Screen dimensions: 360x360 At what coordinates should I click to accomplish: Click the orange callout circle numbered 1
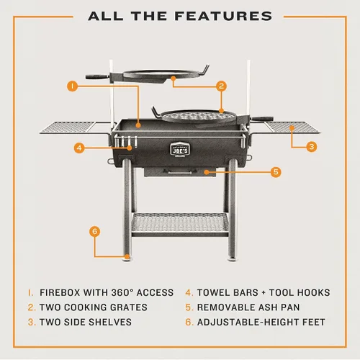pos(73,86)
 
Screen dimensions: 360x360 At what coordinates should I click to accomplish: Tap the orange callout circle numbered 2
pos(221,86)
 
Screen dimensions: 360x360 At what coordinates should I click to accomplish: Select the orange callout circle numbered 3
pos(312,146)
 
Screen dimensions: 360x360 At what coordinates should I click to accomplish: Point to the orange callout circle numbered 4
pos(79,148)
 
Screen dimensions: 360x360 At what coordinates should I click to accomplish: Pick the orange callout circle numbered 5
pos(276,172)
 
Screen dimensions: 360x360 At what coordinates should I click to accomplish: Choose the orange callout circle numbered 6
pos(95,231)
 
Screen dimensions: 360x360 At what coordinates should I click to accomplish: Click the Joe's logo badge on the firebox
pos(180,150)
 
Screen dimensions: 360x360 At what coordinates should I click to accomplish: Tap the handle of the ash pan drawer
pos(177,172)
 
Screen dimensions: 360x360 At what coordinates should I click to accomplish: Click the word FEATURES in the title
pos(223,16)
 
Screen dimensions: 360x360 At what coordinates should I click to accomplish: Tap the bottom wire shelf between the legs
pos(180,224)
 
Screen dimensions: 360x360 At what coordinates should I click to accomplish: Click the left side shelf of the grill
pos(68,127)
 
